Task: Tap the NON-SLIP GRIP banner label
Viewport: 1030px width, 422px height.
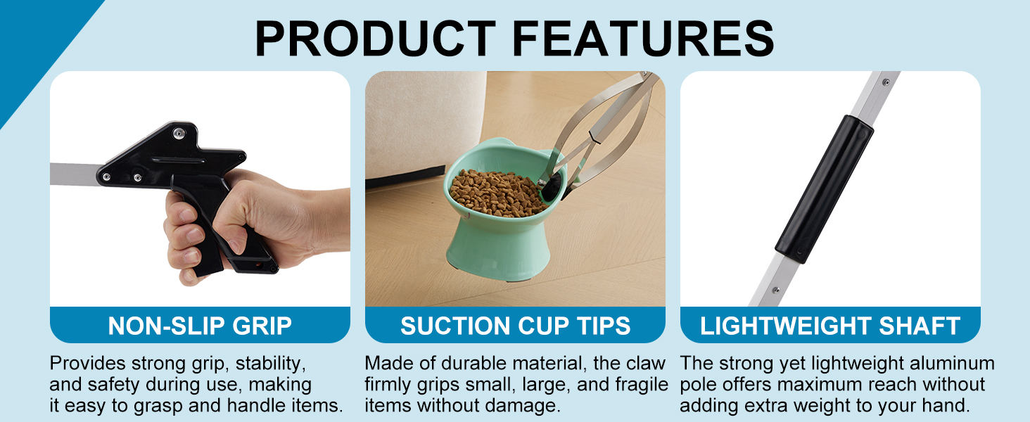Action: coord(200,326)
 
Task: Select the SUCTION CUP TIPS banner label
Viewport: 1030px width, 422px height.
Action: coord(515,326)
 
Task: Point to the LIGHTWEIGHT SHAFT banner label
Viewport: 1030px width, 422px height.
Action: coord(830,326)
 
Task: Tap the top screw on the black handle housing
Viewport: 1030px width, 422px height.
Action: coord(179,134)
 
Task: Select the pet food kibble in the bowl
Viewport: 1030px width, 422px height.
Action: coord(497,193)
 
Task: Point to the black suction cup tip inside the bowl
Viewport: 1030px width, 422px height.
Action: coord(552,186)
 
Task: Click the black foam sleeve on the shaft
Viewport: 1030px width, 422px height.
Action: coord(825,188)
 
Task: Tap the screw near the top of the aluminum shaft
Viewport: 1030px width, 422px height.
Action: coord(886,83)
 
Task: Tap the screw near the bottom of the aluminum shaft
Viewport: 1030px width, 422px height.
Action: coord(775,290)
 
